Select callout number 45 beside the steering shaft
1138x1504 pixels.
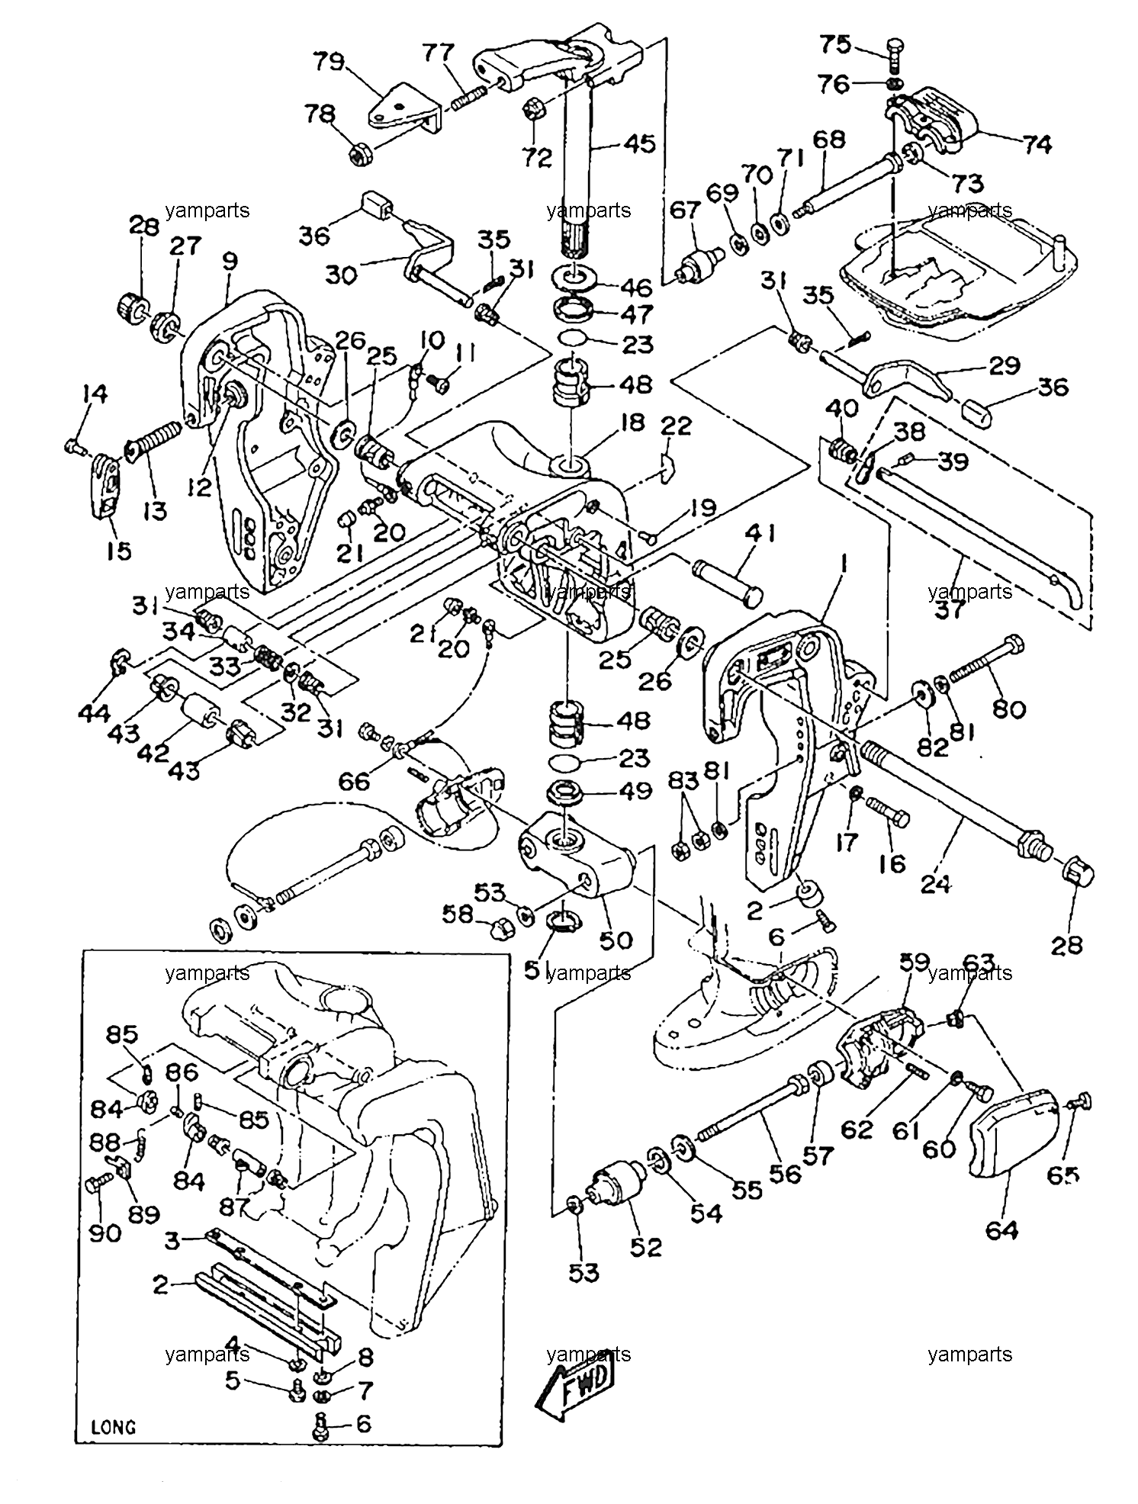[639, 143]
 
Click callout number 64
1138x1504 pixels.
[1002, 1251]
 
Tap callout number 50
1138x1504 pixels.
[616, 940]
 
